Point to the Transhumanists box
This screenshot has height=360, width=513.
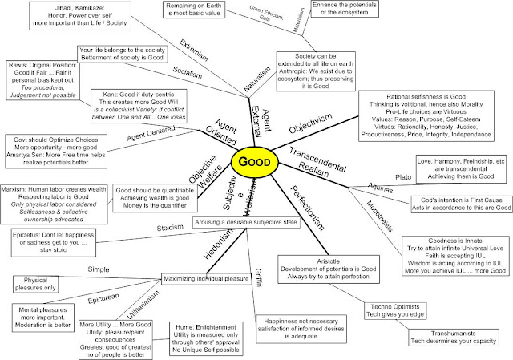point(442,338)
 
